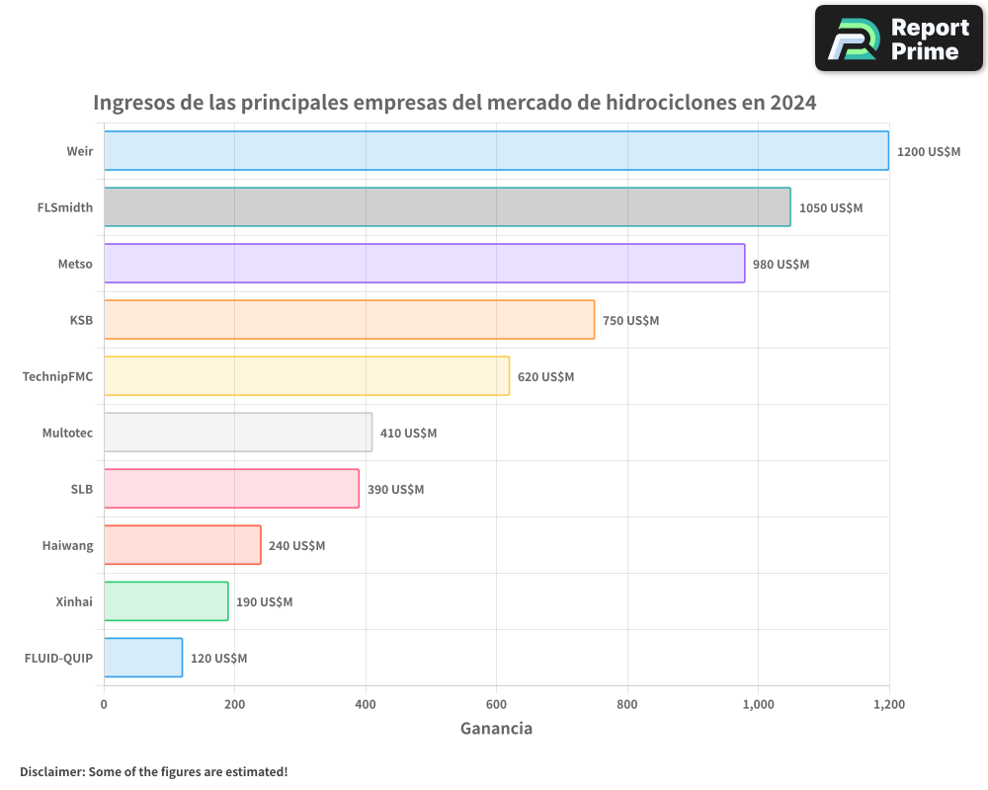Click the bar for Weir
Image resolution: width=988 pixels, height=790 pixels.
click(496, 151)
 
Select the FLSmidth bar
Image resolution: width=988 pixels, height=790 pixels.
click(447, 207)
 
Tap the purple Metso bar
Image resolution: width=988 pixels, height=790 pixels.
click(424, 264)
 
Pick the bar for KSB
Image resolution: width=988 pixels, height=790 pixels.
click(349, 320)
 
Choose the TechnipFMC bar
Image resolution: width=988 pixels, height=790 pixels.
click(306, 376)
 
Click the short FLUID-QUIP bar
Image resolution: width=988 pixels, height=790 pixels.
click(143, 658)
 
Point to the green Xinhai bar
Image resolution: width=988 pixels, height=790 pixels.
click(166, 601)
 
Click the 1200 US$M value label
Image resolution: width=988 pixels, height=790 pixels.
click(928, 152)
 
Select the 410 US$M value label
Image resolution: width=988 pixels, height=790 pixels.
click(408, 434)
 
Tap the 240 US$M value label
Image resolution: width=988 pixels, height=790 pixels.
click(296, 546)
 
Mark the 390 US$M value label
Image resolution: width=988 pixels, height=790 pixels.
click(395, 490)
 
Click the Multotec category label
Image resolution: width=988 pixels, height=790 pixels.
click(67, 433)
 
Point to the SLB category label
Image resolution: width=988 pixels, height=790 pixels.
click(82, 489)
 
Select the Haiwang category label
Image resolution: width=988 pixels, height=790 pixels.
click(67, 545)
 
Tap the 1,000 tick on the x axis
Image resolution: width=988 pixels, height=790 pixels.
click(758, 705)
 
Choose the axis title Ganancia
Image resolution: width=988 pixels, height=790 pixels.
click(496, 729)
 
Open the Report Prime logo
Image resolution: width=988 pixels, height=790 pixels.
click(898, 39)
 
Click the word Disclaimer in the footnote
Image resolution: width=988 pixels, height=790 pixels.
click(51, 771)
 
